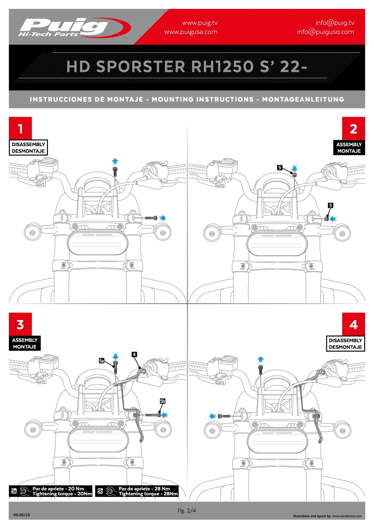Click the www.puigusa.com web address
coord(191,32)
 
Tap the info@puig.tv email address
coord(335,23)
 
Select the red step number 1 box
coord(20,128)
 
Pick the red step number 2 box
coord(353,128)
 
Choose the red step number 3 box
coord(20,324)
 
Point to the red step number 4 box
coord(353,324)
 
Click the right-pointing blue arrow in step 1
coord(162,218)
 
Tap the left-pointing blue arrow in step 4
coord(213,416)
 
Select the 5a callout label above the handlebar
coord(101,361)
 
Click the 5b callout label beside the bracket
coord(162,401)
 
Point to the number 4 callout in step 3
coord(134,354)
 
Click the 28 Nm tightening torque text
coord(148,494)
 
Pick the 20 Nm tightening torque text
coord(62,494)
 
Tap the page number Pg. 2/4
coord(187,511)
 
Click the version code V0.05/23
coord(21,515)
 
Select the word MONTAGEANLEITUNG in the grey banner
coord(303,99)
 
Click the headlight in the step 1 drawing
coord(97,243)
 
